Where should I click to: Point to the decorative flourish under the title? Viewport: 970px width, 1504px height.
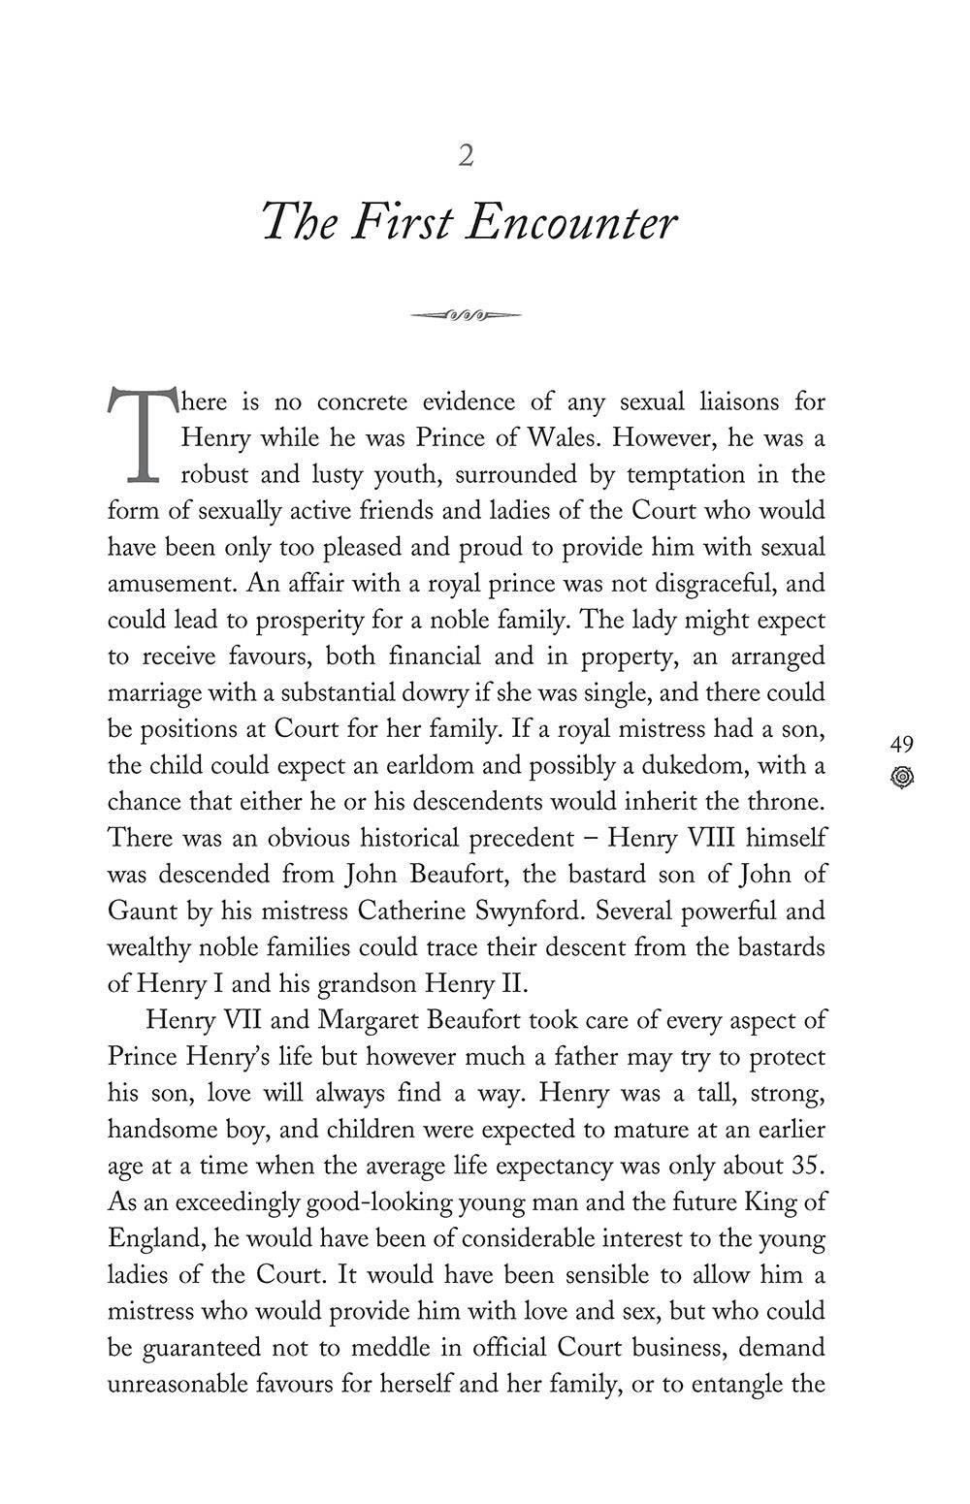coord(466,314)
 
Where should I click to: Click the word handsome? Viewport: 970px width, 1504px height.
coord(164,1129)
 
